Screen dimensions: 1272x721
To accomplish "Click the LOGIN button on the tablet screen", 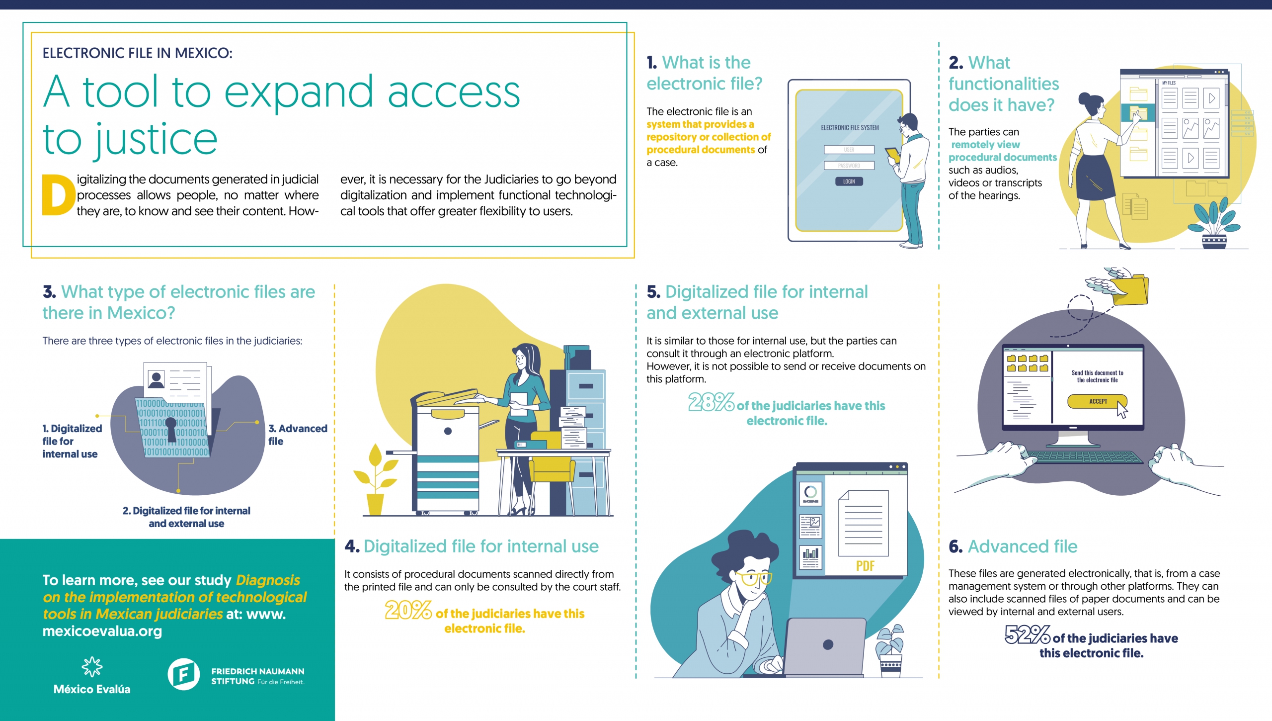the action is (x=849, y=181).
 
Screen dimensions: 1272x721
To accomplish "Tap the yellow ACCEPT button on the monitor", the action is (x=1097, y=401).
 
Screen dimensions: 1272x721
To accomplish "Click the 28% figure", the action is (x=711, y=403).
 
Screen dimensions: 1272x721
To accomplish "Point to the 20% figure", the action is (x=408, y=610).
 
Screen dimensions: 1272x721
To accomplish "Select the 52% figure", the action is (x=1027, y=634).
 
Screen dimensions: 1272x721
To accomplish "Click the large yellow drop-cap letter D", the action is (x=58, y=194).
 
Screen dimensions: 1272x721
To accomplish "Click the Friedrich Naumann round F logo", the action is (x=183, y=674).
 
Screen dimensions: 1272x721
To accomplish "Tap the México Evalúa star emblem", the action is (x=92, y=667).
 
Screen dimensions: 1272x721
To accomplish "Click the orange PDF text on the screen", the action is (x=865, y=566).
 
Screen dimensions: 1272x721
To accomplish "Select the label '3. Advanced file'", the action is (x=298, y=435).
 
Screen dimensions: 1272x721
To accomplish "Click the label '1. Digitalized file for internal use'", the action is (x=72, y=441).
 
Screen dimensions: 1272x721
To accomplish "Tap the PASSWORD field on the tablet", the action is (x=849, y=166).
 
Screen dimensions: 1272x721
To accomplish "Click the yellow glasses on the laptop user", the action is (x=754, y=578).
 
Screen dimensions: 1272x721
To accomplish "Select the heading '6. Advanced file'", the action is (x=1013, y=546).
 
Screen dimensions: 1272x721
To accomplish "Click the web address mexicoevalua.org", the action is (x=102, y=631).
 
